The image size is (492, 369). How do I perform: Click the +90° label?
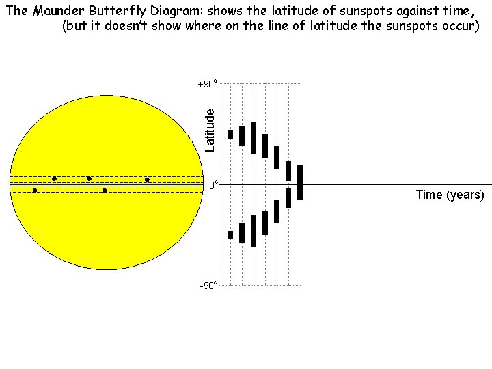tap(207, 84)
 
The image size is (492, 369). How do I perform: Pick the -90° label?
tap(208, 285)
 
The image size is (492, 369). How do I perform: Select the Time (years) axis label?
tap(450, 195)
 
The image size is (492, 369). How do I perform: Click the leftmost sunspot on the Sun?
tap(35, 190)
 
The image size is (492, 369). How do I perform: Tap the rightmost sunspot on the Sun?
tap(147, 180)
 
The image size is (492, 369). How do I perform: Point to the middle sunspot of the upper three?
tap(89, 179)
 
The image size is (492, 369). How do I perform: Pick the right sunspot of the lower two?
tap(105, 190)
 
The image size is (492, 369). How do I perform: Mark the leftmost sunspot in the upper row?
tap(54, 179)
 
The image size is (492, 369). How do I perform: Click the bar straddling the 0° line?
tap(299, 182)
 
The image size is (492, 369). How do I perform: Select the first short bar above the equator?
tap(230, 134)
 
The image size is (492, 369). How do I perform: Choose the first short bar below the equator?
tap(230, 235)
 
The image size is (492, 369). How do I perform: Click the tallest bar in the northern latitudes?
tap(254, 138)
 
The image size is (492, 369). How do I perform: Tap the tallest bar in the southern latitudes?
tap(254, 231)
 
